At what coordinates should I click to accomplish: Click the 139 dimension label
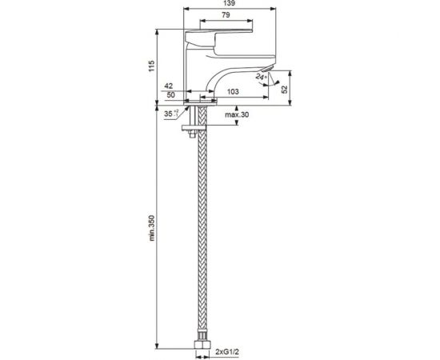coord(230,4)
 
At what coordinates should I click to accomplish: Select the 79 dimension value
coord(226,15)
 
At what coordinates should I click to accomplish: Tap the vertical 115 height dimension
coord(151,66)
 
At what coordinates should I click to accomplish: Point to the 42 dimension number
coord(169,86)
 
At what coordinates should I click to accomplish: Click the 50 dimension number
coord(170,95)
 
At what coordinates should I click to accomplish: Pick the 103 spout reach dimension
coord(233,91)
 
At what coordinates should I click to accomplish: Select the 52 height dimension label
coord(285,90)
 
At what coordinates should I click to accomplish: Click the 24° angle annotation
coord(261,77)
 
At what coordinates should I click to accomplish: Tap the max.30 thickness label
coord(237,114)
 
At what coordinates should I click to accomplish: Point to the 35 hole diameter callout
coord(171,114)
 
